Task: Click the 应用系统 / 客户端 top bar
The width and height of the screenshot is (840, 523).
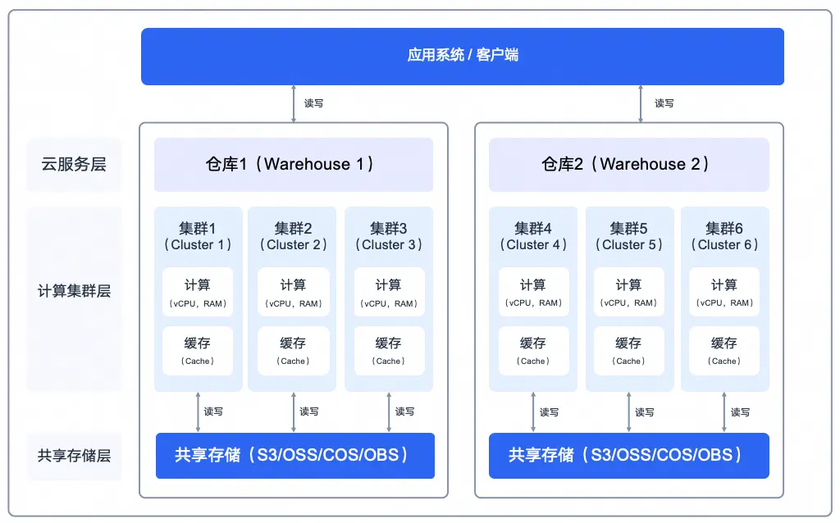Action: click(x=462, y=56)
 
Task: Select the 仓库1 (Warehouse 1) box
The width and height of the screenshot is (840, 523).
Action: click(x=293, y=164)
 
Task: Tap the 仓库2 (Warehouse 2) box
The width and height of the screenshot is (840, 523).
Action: click(x=628, y=164)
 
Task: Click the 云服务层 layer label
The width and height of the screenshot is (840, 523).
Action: click(x=74, y=164)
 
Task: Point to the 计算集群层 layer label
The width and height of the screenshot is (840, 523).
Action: click(x=74, y=291)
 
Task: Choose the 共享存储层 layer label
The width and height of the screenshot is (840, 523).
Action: click(x=74, y=456)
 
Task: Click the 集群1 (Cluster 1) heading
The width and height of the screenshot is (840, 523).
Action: click(x=198, y=236)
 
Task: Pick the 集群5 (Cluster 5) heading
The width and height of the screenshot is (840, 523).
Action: click(x=628, y=236)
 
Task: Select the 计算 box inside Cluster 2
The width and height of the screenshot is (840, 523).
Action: click(x=293, y=293)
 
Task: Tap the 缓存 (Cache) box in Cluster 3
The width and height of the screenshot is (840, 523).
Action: click(x=388, y=351)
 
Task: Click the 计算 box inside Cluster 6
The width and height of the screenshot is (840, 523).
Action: click(x=724, y=293)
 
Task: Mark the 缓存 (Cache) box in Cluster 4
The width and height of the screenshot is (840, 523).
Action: click(x=533, y=351)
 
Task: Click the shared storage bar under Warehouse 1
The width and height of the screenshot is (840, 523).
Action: click(x=294, y=455)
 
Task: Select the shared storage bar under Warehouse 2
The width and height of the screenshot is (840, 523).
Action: click(x=628, y=455)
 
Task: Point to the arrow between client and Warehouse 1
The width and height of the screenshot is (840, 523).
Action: click(x=294, y=103)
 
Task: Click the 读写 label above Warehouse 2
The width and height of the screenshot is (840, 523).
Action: click(x=664, y=103)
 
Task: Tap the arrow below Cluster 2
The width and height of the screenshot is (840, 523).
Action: click(x=294, y=412)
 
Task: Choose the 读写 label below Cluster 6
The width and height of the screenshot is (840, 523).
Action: click(x=740, y=412)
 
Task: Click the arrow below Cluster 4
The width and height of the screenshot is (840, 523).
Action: click(x=533, y=412)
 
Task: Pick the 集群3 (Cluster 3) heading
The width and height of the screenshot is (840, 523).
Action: click(x=388, y=236)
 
